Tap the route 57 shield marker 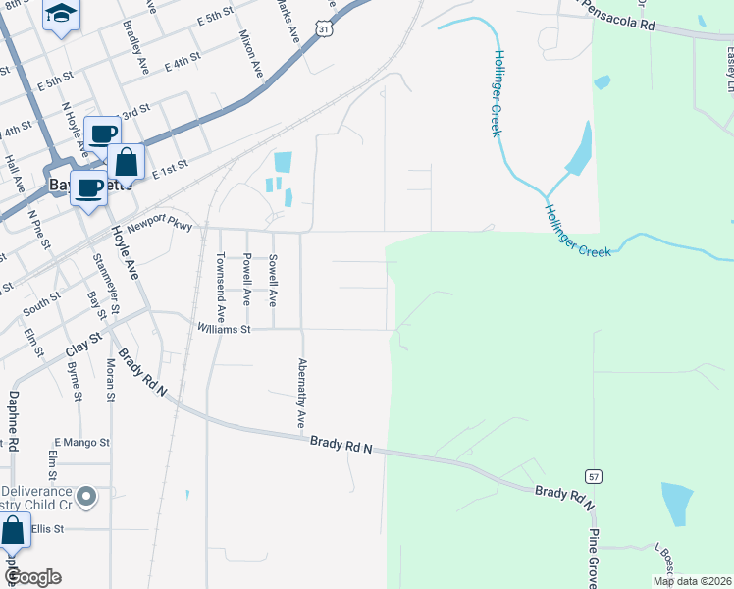(596, 476)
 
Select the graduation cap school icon (62, 14)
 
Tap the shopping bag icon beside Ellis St (13, 532)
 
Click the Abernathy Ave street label (301, 392)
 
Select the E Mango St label (82, 443)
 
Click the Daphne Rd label (14, 421)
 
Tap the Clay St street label (83, 345)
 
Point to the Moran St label (110, 380)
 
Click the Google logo (32, 577)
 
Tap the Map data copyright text (692, 581)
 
